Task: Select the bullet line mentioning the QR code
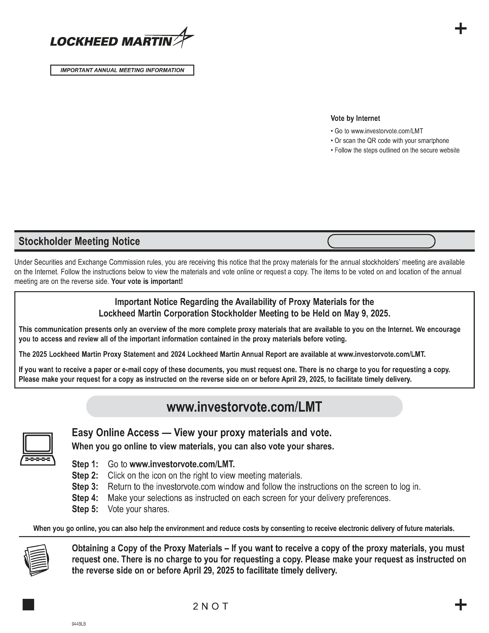coord(390,141)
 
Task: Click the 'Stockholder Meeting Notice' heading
coord(79,241)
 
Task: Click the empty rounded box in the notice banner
coord(381,241)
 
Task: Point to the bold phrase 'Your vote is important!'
coord(147,281)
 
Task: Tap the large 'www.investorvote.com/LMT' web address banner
coord(244,407)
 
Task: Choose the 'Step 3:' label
coord(85,487)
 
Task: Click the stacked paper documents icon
coord(36,560)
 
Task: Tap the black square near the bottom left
coord(28,605)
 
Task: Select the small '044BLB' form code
coord(79,624)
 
